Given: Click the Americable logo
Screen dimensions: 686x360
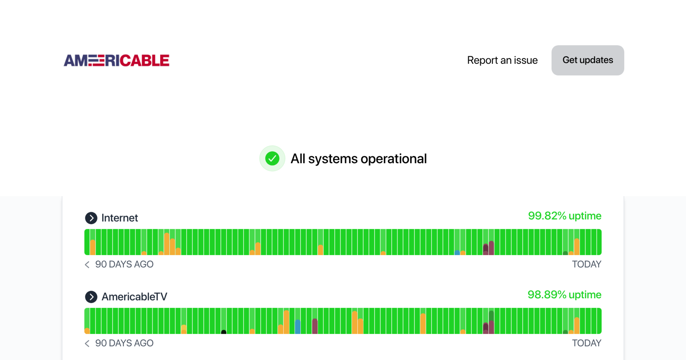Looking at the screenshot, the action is pos(116,60).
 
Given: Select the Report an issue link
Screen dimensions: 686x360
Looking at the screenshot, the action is pos(502,60).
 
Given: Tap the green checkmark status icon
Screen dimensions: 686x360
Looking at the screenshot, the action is pos(272,159).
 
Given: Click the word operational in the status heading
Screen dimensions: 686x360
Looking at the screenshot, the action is pos(394,159).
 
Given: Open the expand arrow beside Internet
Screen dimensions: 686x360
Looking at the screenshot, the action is pos(91,218).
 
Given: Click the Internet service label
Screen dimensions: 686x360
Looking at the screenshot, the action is pos(119,218).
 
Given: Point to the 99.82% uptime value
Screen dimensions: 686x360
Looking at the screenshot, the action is pos(565,216).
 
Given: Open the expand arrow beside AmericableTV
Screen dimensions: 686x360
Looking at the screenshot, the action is pos(91,297).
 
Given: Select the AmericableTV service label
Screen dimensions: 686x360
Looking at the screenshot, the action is pos(134,297).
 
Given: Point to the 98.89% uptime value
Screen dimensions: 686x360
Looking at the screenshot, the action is pos(565,295).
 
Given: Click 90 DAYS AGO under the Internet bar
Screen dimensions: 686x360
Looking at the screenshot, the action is pos(124,264).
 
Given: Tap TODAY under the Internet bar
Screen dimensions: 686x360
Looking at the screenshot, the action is pos(587,264).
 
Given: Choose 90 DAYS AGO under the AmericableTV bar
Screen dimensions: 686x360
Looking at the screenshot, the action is pos(124,343).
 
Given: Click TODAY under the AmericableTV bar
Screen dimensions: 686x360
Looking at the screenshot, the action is pos(587,343).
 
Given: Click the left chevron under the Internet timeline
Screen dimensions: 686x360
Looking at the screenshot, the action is pos(87,265).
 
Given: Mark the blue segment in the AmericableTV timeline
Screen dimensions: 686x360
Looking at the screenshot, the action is pos(298,327).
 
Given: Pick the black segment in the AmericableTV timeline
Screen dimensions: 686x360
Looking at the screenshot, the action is pos(224,332).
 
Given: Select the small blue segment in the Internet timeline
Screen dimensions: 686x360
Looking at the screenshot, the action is pos(457,253).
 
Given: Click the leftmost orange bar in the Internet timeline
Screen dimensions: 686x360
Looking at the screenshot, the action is pos(93,247).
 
